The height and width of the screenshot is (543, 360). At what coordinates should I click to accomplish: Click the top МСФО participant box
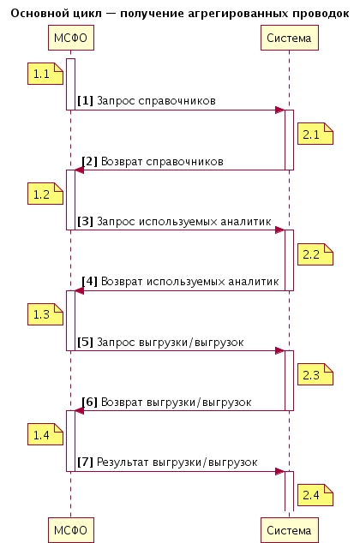pos(70,38)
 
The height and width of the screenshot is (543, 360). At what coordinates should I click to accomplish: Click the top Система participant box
pos(290,38)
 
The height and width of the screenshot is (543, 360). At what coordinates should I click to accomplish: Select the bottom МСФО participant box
pos(70,530)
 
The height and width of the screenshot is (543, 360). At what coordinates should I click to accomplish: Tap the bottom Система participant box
pos(290,530)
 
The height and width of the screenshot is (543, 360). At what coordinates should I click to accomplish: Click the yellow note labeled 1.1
pos(45,74)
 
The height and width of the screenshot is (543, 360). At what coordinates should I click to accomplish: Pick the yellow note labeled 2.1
pos(315,134)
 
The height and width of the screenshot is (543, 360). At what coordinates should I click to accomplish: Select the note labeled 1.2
pos(45,194)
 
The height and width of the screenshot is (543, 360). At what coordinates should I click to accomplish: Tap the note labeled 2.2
pos(315,254)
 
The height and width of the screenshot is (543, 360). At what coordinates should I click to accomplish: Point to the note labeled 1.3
pos(45,314)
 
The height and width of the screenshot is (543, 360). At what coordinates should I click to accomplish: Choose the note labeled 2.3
pos(315,374)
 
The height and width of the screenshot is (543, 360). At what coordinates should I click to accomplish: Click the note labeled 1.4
pos(45,434)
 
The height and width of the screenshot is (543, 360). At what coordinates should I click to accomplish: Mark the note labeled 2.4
pos(315,495)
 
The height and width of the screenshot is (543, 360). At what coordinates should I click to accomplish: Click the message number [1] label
pos(85,101)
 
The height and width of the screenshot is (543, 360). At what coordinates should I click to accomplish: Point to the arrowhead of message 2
pos(80,170)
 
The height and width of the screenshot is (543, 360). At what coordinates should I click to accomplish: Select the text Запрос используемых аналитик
pos(184,221)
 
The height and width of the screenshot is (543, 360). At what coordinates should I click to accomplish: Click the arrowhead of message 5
pos(280,351)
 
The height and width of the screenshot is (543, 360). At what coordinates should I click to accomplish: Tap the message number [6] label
pos(89,402)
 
